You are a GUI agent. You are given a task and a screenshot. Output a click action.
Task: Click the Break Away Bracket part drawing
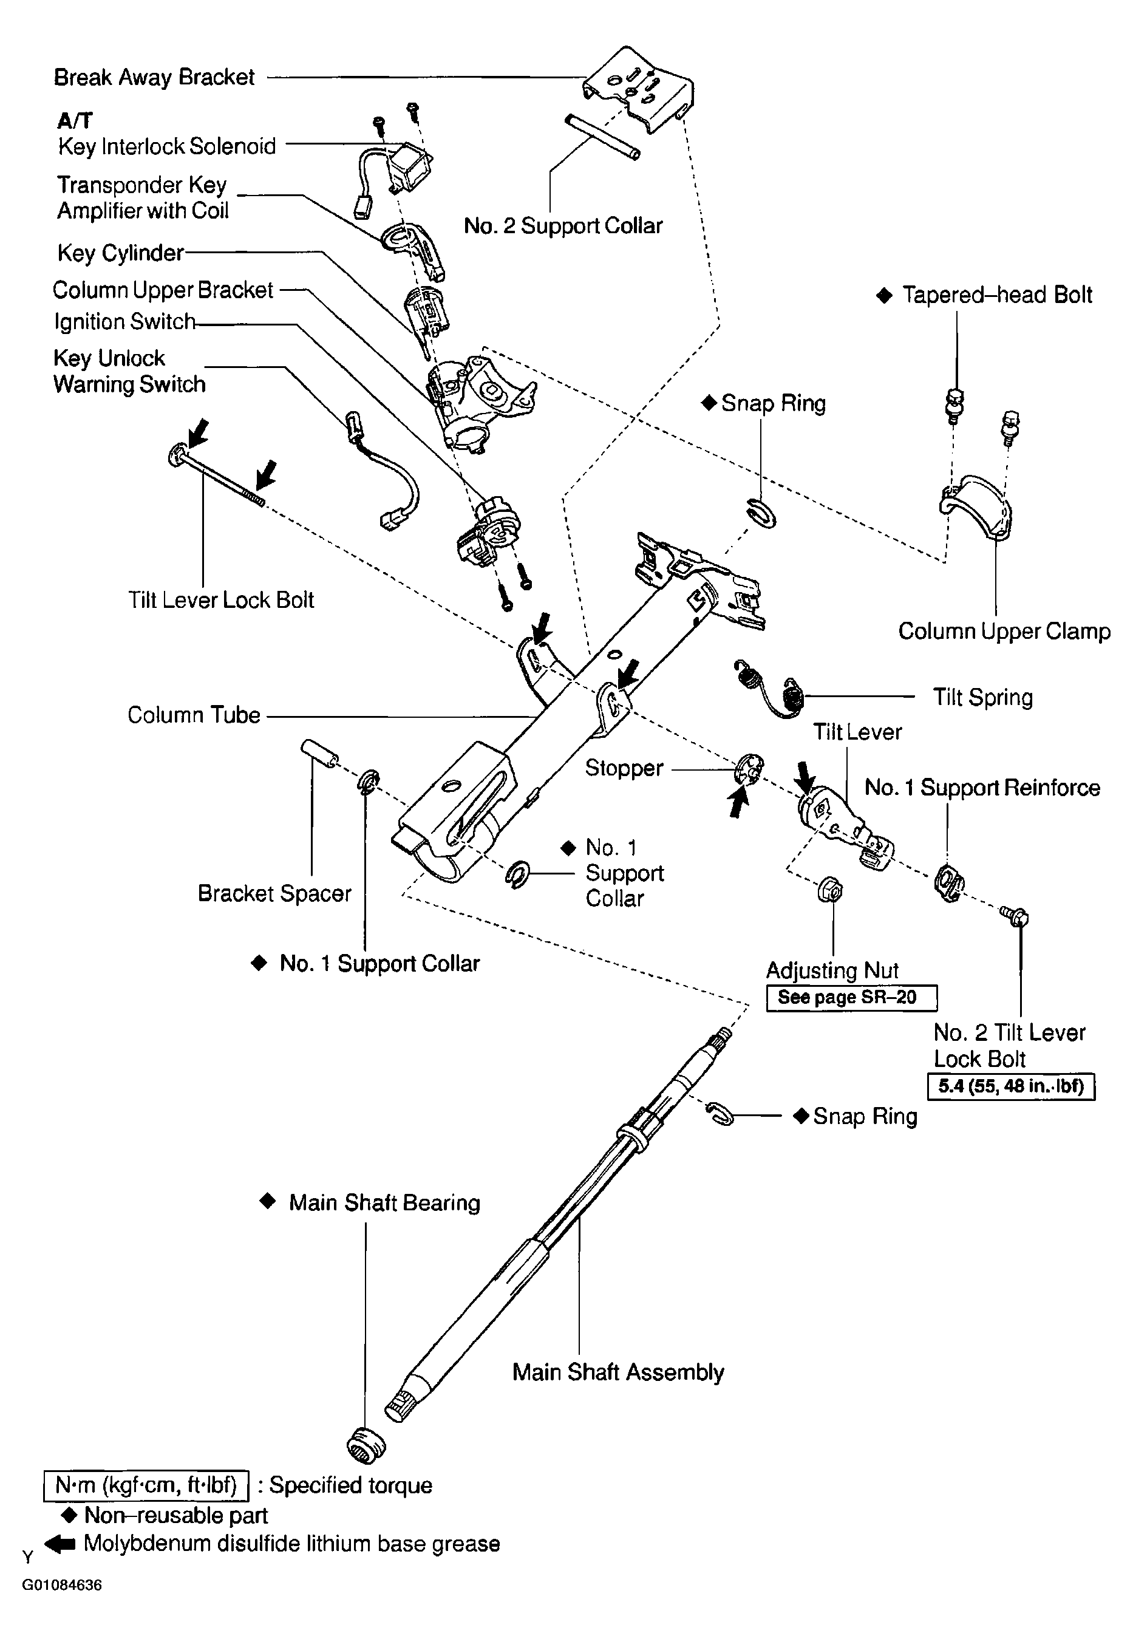639,89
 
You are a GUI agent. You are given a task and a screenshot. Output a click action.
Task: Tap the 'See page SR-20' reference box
851,998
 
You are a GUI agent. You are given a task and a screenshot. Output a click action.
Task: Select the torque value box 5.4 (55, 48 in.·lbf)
1011,1087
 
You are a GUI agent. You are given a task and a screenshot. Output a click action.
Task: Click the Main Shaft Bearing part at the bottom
366,1445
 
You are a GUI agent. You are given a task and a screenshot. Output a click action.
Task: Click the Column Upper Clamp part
976,508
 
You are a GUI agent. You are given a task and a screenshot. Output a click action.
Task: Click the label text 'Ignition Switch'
124,322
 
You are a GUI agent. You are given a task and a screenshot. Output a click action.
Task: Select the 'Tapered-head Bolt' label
996,295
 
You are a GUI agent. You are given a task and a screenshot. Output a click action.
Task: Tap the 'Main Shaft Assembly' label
618,1372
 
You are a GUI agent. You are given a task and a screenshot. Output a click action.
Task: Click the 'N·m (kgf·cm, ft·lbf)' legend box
146,1486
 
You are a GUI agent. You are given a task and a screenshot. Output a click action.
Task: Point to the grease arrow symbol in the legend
60,1544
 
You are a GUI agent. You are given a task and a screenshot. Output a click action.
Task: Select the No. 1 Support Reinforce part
949,882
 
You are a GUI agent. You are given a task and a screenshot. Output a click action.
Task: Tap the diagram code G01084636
62,1586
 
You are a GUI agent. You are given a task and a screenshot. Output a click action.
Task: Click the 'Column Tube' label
194,715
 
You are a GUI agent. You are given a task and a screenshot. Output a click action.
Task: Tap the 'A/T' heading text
75,121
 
